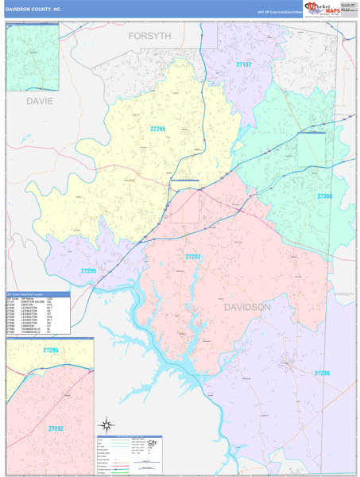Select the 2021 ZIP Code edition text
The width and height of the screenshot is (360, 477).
coord(277,13)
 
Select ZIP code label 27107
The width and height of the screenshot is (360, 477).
coord(243,63)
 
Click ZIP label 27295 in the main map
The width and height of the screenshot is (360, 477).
coord(157,128)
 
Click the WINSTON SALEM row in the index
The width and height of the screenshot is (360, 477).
coord(29,301)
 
